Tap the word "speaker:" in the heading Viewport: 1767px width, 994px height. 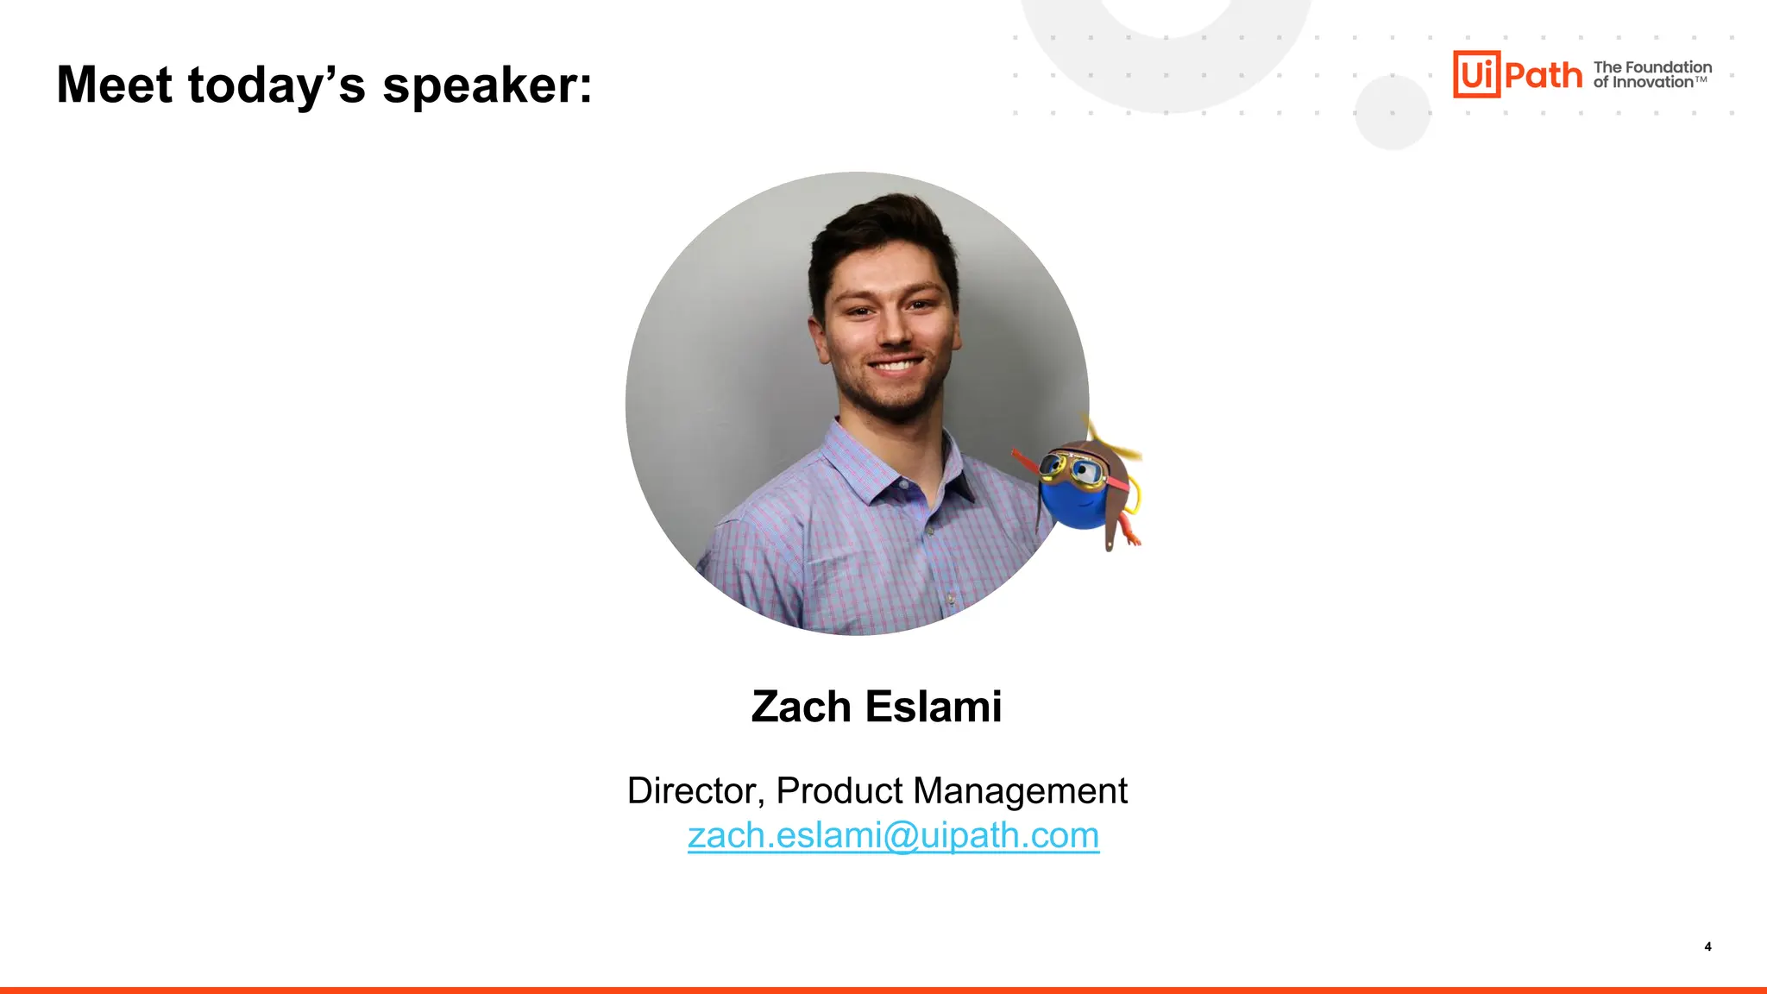487,86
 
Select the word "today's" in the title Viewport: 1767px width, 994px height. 275,86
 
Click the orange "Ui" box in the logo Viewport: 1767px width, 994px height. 1476,74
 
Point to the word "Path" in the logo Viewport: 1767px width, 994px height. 1544,75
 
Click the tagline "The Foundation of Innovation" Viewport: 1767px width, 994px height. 1651,74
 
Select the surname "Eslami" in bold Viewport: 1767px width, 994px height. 933,707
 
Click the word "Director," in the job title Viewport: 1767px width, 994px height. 695,791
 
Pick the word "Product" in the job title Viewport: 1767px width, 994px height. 839,790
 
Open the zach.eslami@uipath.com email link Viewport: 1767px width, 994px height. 893,835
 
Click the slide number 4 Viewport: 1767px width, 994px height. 1707,947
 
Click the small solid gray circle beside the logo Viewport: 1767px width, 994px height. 1392,113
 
